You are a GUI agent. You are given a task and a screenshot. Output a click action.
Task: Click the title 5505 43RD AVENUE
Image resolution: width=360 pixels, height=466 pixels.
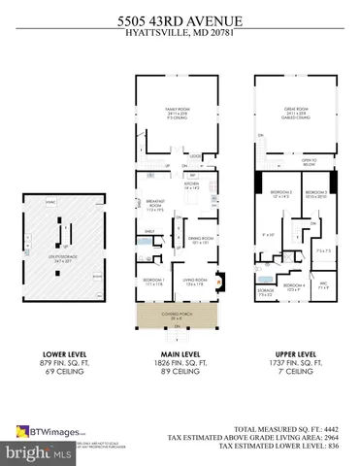(x=180, y=18)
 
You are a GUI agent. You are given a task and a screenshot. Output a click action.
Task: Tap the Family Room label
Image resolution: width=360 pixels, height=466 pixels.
(x=177, y=116)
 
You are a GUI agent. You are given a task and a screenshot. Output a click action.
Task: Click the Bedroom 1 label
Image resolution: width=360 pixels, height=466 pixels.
(x=153, y=283)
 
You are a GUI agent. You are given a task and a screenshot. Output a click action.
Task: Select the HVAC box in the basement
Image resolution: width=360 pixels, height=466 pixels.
(x=49, y=201)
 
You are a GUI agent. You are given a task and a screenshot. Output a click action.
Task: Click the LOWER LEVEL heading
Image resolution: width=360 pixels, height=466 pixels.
(x=60, y=355)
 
